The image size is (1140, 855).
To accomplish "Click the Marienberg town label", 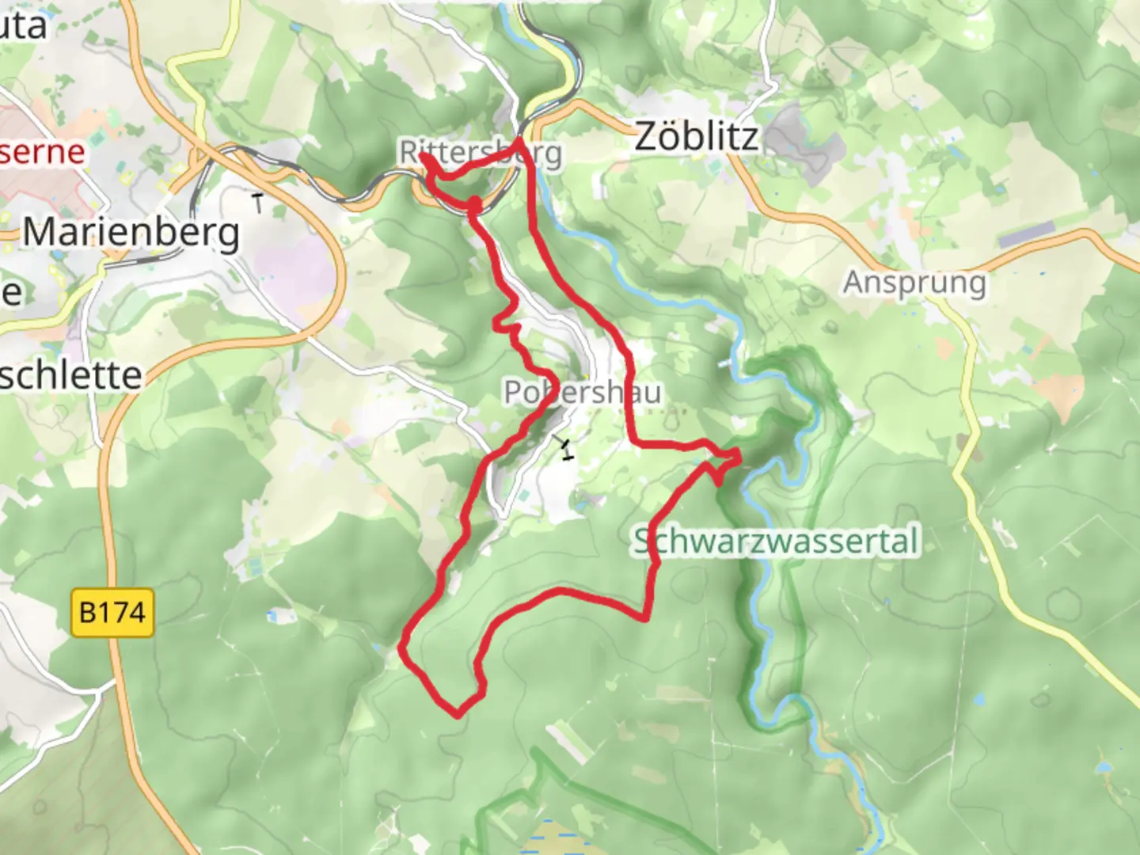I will click(131, 233).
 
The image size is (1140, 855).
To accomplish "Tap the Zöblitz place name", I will click(697, 137).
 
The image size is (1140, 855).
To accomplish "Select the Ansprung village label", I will click(915, 283).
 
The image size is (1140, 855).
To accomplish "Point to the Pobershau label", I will click(582, 392).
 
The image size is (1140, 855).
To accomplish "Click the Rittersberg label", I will click(481, 153).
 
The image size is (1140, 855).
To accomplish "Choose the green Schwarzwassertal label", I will click(777, 542).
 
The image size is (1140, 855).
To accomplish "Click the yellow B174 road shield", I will click(112, 612).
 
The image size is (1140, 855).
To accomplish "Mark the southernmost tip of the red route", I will click(458, 716).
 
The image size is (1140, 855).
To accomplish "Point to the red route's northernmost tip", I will click(519, 140).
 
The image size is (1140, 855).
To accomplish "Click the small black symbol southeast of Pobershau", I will click(565, 448).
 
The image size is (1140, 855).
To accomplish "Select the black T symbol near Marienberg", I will click(258, 203).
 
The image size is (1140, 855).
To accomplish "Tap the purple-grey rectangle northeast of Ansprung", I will click(1027, 234).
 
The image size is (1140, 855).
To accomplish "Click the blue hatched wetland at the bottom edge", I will click(554, 839).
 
